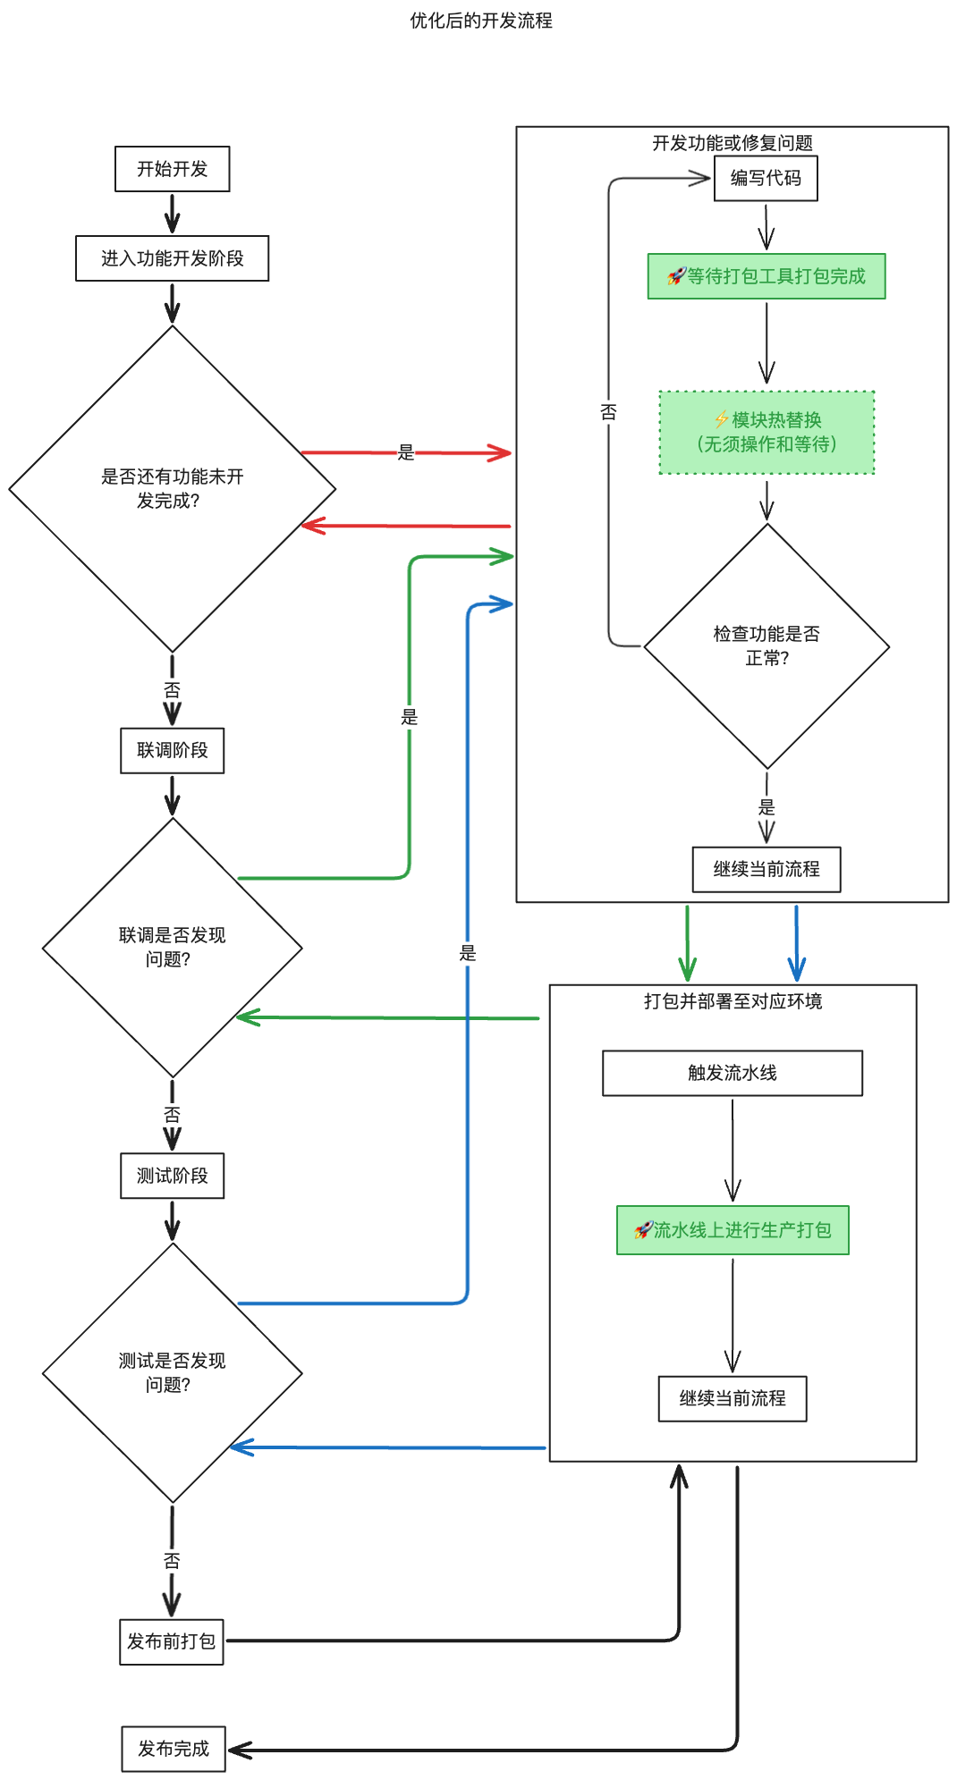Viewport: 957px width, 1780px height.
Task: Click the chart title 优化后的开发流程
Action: click(480, 21)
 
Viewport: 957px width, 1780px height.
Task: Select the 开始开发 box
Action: click(172, 169)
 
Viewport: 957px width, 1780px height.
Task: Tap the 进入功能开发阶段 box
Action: click(172, 258)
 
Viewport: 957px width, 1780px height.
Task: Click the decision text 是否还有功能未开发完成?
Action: click(172, 488)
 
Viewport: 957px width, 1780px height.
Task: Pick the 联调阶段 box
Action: click(172, 750)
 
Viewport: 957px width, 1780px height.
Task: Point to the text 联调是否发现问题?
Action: click(172, 947)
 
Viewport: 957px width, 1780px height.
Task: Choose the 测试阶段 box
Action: click(172, 1176)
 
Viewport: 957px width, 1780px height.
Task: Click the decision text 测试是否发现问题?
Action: click(172, 1372)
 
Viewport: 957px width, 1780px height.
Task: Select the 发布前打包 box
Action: click(171, 1641)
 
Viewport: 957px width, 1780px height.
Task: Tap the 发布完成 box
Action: click(173, 1749)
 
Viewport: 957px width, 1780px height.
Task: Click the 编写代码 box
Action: click(766, 178)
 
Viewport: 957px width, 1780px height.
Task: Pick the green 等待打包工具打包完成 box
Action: click(766, 276)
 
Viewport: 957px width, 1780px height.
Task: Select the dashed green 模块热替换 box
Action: click(766, 432)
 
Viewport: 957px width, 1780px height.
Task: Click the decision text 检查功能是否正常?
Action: click(766, 645)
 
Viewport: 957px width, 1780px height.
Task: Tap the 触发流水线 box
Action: click(732, 1073)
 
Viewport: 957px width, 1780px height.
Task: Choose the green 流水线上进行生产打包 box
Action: click(732, 1230)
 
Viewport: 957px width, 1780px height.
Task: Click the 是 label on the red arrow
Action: click(406, 452)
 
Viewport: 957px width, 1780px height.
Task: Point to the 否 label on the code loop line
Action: click(608, 412)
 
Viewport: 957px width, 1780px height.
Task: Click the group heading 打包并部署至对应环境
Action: click(732, 1001)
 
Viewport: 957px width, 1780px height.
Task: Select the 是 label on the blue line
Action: click(467, 953)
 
